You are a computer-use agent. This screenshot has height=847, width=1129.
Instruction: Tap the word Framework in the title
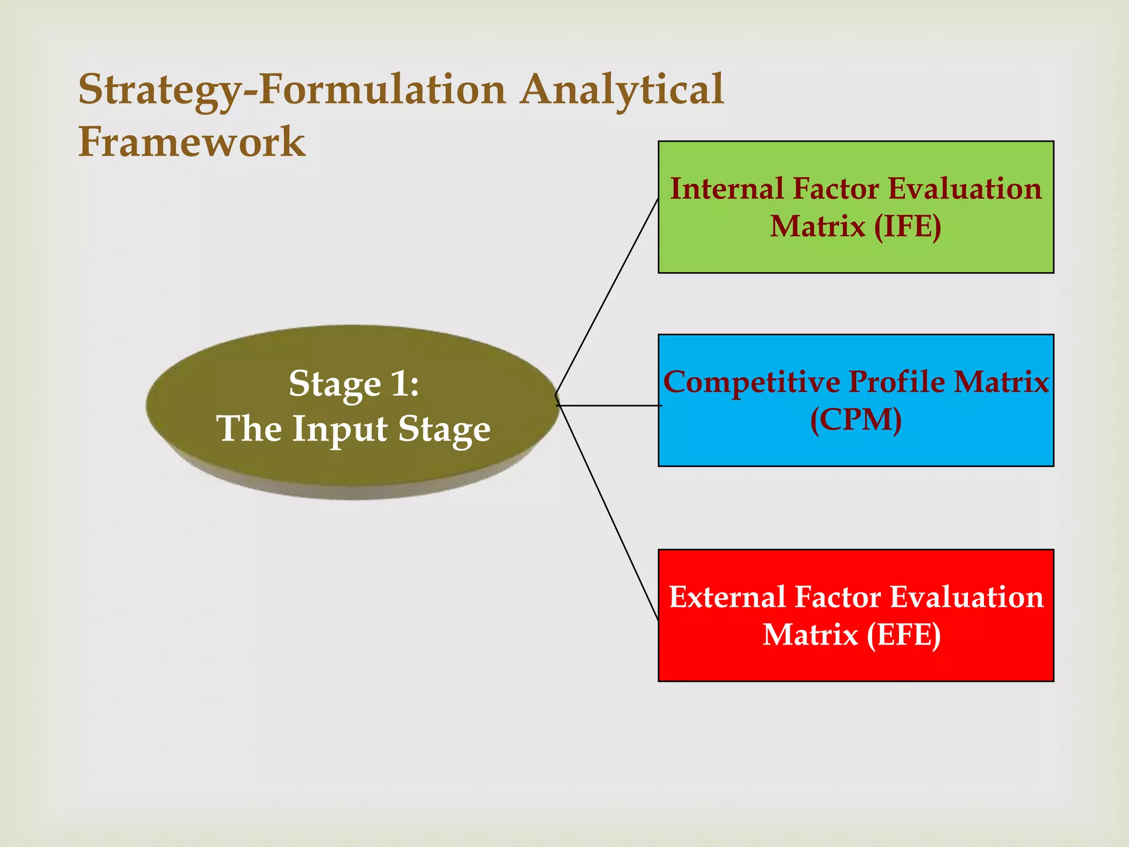(x=192, y=142)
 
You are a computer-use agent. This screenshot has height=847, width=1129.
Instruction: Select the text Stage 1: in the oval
(x=354, y=384)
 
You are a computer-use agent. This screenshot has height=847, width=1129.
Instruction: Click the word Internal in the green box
(x=727, y=189)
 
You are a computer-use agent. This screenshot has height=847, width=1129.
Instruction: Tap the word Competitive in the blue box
(x=751, y=382)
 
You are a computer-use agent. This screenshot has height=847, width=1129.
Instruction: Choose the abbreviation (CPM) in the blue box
(x=856, y=420)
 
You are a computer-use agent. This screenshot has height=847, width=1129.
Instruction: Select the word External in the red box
(x=727, y=598)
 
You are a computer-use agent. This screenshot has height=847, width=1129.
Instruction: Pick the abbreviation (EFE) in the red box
(x=903, y=635)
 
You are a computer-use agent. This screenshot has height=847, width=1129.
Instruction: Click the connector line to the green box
(x=606, y=298)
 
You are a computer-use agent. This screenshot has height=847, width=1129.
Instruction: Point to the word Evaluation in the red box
(x=966, y=598)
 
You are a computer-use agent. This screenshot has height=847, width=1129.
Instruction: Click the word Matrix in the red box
(x=810, y=635)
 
